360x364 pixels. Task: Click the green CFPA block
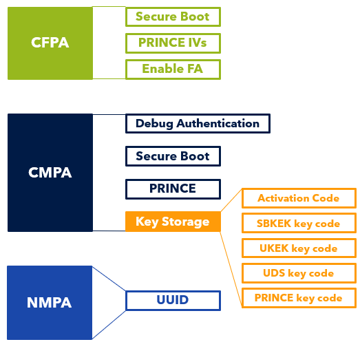tap(50, 43)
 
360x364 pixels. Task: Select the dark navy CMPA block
tap(50, 173)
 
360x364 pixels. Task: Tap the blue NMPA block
tap(50, 302)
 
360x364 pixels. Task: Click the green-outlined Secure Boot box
tap(173, 17)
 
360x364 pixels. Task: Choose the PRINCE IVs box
tap(173, 43)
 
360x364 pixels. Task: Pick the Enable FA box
tap(173, 69)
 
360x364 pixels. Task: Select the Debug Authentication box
tap(198, 124)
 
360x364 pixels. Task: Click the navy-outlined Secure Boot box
tap(173, 156)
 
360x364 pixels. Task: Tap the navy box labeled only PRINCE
tap(173, 189)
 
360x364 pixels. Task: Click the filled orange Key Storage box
tap(173, 222)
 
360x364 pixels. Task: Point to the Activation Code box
tap(298, 198)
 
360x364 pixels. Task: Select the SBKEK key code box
tap(298, 224)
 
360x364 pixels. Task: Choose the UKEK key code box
tap(298, 248)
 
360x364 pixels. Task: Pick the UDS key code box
tap(298, 273)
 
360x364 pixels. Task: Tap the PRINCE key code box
tap(298, 298)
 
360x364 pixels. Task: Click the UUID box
tap(173, 300)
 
